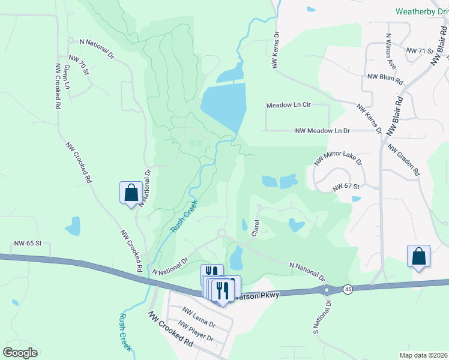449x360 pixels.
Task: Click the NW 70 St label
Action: coord(79,65)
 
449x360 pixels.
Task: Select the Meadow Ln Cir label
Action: coord(288,105)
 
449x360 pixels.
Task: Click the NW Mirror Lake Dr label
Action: coord(339,155)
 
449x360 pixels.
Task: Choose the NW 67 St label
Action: coord(346,187)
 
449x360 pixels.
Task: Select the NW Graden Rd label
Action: coord(403,160)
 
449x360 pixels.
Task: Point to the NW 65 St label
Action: coord(28,244)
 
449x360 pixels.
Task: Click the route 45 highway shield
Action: coord(348,289)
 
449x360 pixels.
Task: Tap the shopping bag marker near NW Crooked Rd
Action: coord(131,193)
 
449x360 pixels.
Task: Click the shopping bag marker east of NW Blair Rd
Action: coord(418,256)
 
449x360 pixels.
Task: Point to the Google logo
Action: coord(20,353)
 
